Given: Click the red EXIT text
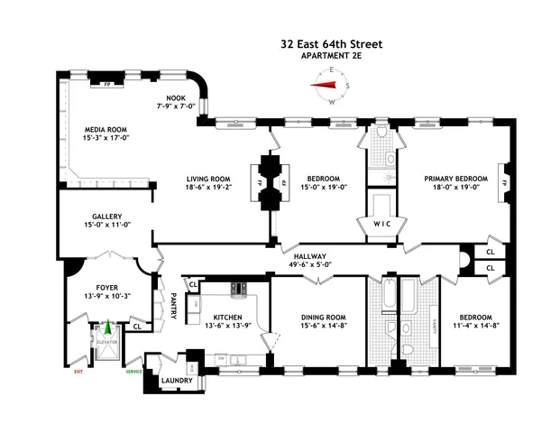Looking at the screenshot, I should pos(78,371).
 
